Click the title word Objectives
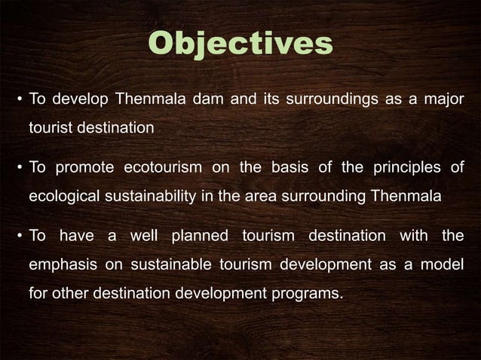(240, 44)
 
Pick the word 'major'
(440, 99)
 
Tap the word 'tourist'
(53, 128)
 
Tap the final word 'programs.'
(311, 294)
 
